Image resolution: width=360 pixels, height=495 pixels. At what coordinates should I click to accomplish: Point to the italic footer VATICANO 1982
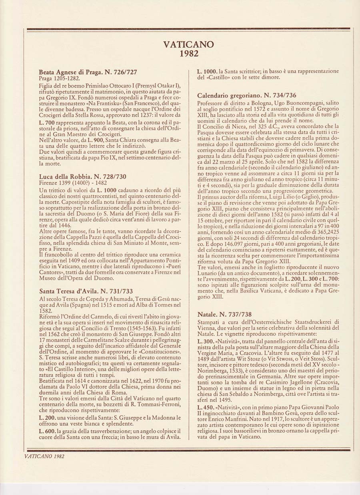[44, 456]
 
